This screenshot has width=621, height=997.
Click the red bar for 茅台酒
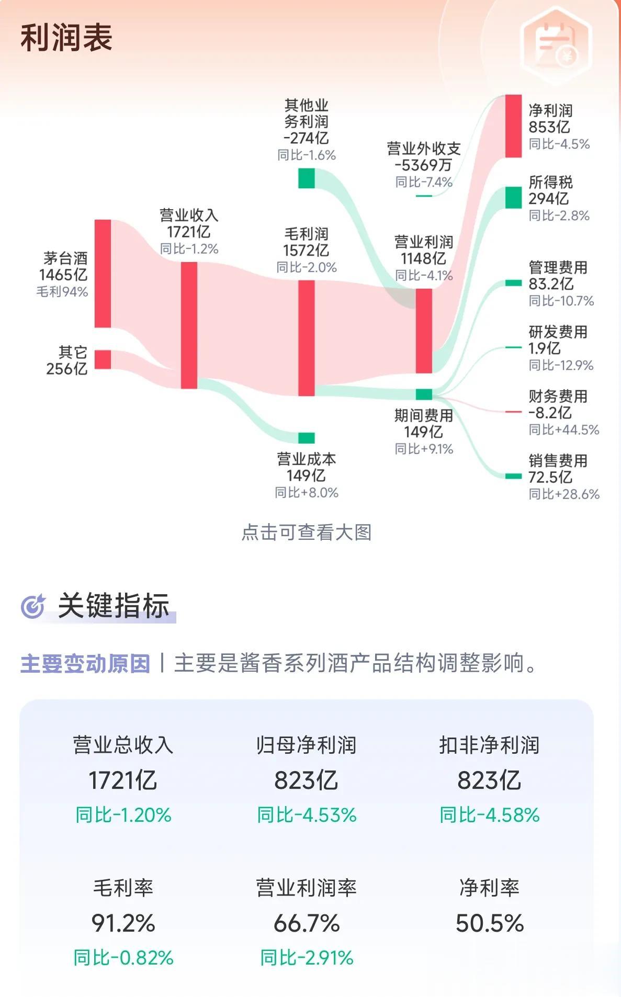pyautogui.click(x=103, y=274)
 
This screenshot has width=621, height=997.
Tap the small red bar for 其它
pyautogui.click(x=103, y=359)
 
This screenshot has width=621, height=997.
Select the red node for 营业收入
pyautogui.click(x=189, y=325)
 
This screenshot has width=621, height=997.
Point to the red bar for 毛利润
pyautogui.click(x=307, y=338)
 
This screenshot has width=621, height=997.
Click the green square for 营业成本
pyautogui.click(x=307, y=438)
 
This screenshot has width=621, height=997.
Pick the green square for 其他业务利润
pyautogui.click(x=307, y=178)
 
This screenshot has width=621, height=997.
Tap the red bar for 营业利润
pyautogui.click(x=424, y=331)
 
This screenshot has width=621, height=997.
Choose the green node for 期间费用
pyautogui.click(x=424, y=394)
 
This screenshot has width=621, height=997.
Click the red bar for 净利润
pyautogui.click(x=513, y=126)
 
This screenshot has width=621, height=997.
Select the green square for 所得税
pyautogui.click(x=513, y=197)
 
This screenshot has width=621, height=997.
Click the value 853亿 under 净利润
pyautogui.click(x=549, y=127)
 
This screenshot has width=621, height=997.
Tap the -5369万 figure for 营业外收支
pyautogui.click(x=423, y=165)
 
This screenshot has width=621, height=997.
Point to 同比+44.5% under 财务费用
pyautogui.click(x=564, y=429)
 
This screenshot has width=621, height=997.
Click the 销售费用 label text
pyautogui.click(x=558, y=461)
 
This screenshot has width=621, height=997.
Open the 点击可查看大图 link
pyautogui.click(x=307, y=533)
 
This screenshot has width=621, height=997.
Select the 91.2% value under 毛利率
pyautogui.click(x=123, y=923)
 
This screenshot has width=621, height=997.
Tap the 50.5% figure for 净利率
pyautogui.click(x=490, y=923)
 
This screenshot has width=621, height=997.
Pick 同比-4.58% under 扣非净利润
pyautogui.click(x=490, y=815)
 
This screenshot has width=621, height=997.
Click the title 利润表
pyautogui.click(x=66, y=38)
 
